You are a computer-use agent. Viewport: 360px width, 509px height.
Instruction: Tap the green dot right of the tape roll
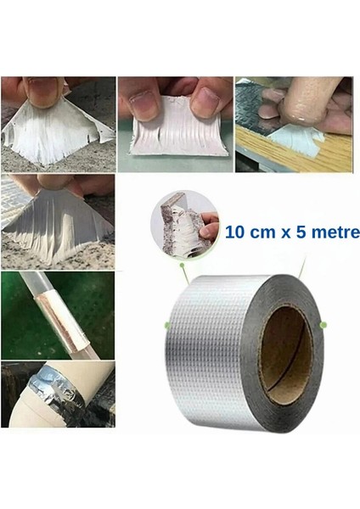click(x=323, y=325)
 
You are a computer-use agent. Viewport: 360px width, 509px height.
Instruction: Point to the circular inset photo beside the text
click(x=183, y=223)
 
